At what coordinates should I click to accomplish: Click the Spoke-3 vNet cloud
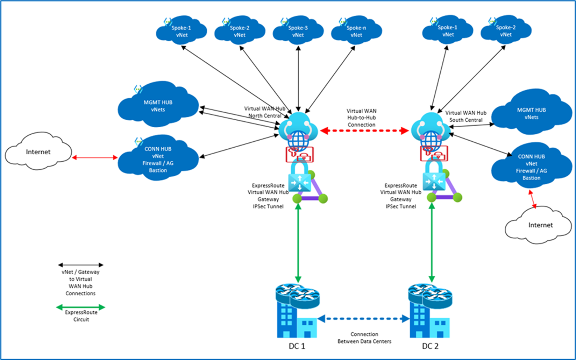point(298,31)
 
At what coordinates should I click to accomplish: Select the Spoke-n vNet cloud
point(356,31)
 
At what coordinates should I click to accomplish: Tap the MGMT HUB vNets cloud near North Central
point(158,106)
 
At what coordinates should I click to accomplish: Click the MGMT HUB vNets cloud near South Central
point(531,113)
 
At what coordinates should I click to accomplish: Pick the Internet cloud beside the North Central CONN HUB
point(38,152)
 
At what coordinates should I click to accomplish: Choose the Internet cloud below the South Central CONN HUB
point(540,225)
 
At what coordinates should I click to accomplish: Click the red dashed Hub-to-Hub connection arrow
point(364,131)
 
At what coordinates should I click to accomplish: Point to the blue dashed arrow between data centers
point(364,319)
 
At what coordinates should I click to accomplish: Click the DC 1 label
point(297,346)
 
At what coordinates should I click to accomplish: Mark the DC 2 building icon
point(430,313)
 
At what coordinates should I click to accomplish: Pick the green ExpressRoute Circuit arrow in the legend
point(81,308)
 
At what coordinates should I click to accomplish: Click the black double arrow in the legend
point(81,265)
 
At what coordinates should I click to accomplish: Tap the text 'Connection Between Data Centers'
point(364,338)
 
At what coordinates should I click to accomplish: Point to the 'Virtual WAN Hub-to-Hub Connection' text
point(362,118)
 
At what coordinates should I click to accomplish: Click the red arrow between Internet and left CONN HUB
point(95,158)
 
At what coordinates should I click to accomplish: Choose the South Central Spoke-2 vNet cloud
point(506,31)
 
